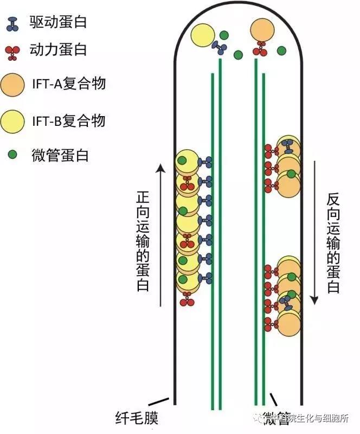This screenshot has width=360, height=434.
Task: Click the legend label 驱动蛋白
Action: point(58,22)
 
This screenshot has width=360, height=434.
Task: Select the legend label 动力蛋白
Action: point(58,50)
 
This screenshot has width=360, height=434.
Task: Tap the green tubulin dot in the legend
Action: point(12,156)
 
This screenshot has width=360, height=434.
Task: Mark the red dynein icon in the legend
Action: point(12,52)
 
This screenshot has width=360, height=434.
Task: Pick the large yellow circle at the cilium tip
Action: point(201,35)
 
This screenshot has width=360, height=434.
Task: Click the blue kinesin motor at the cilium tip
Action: point(220,47)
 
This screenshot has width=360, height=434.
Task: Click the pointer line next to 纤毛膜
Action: point(157,403)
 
